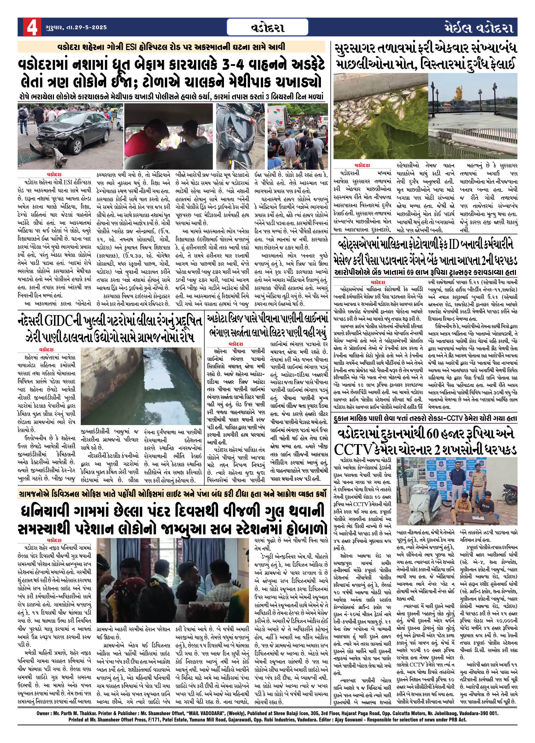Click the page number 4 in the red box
[30, 27]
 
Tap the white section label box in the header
[267, 27]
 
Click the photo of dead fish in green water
[380, 122]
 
